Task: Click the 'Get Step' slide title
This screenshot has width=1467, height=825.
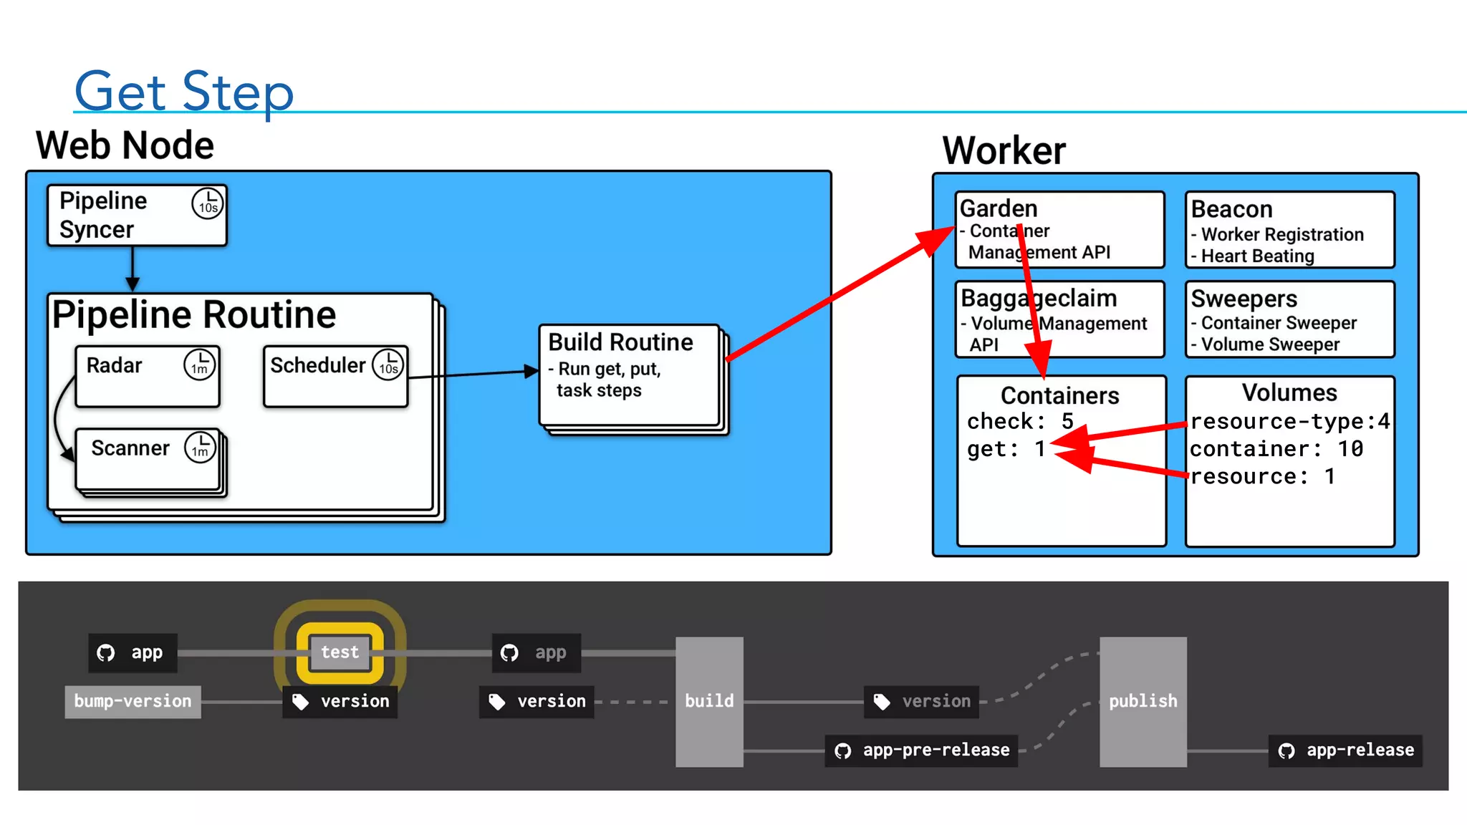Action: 183,91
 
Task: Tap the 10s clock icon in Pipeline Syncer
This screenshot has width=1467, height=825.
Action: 208,203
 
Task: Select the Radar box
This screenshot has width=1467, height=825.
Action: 147,377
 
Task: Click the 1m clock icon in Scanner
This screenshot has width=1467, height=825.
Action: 200,448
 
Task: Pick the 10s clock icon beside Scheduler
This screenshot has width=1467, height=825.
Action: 388,365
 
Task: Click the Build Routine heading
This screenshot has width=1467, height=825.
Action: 620,342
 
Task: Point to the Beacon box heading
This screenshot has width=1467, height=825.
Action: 1231,209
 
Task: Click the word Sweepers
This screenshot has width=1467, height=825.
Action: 1244,299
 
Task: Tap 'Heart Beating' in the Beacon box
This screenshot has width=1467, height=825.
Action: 1257,256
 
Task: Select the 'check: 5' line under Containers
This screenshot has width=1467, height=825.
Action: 1019,421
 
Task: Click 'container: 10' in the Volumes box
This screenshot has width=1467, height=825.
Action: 1276,449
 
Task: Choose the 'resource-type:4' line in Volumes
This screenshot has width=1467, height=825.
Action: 1289,421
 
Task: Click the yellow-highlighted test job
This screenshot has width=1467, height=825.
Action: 340,652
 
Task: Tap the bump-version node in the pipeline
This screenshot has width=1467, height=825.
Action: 133,701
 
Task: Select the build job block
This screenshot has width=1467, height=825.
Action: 709,701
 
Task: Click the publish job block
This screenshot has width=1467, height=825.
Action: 1143,701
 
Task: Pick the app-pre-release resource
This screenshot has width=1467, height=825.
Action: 922,751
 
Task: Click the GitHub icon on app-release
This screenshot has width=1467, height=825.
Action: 1286,751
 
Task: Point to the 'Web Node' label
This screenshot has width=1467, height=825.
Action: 125,145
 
